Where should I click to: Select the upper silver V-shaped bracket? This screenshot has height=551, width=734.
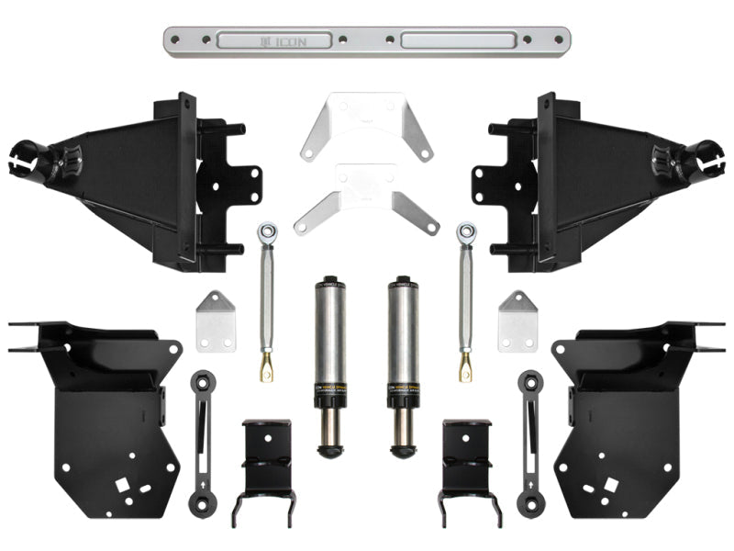pyautogui.click(x=366, y=127)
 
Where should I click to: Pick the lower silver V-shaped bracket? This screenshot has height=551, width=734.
pyautogui.click(x=366, y=195)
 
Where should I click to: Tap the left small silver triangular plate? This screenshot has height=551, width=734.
pyautogui.click(x=214, y=320)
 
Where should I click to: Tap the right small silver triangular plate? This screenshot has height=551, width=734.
pyautogui.click(x=517, y=320)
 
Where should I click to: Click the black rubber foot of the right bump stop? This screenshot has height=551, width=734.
pyautogui.click(x=402, y=450)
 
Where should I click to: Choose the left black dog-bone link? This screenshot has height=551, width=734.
pyautogui.click(x=201, y=441)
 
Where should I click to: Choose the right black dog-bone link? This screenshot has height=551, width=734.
pyautogui.click(x=531, y=441)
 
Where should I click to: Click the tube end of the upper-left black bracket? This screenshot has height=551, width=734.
pyautogui.click(x=25, y=156)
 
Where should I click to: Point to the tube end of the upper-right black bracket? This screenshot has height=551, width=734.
pyautogui.click(x=708, y=156)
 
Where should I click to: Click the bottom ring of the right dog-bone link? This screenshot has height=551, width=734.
pyautogui.click(x=531, y=503)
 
